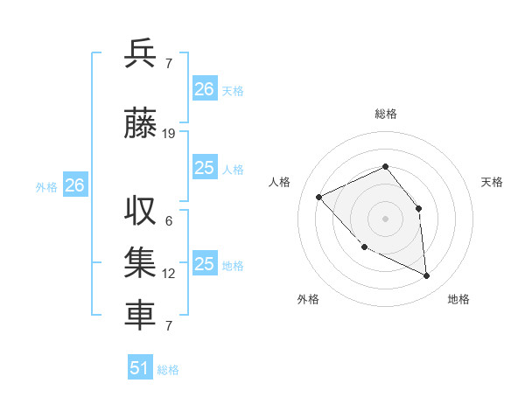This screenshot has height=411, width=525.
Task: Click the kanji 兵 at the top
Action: [140, 53]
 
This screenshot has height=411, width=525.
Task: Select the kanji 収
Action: [140, 211]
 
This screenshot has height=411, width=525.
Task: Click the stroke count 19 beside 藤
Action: [169, 134]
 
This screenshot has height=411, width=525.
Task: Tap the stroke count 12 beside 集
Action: [169, 274]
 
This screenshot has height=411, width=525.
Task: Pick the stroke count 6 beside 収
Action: [169, 221]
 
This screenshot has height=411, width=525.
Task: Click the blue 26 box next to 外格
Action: [74, 185]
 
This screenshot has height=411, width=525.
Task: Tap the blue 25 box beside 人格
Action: [204, 168]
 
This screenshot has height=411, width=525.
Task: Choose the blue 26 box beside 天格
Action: [204, 89]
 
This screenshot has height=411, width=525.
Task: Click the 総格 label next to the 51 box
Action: [168, 370]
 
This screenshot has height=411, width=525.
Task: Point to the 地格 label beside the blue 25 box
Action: [233, 266]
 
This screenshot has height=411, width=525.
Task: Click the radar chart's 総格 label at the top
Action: [385, 114]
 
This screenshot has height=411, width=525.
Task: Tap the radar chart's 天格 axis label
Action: [492, 182]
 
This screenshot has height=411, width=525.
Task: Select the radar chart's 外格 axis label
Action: [308, 299]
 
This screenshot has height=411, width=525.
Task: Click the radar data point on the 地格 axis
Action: [427, 276]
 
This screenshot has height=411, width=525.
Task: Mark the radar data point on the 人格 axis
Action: [319, 197]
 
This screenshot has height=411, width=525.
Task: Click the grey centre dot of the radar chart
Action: [385, 218]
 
